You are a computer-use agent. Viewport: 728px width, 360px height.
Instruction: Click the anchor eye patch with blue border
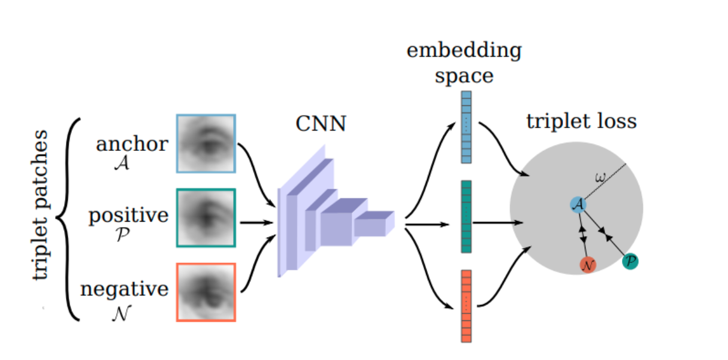click(x=206, y=144)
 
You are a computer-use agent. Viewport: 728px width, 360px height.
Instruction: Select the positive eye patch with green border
click(x=206, y=218)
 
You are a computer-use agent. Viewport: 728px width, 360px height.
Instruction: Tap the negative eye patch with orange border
click(x=206, y=292)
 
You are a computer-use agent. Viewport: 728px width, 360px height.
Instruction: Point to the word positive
click(x=128, y=216)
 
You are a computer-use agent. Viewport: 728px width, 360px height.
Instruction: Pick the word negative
click(x=124, y=289)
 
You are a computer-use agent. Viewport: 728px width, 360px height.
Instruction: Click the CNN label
click(x=321, y=125)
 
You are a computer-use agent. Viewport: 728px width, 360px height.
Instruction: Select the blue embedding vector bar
click(x=466, y=126)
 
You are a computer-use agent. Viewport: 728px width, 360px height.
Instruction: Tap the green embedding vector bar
click(x=466, y=216)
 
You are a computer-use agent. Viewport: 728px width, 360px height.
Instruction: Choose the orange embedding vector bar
click(x=466, y=306)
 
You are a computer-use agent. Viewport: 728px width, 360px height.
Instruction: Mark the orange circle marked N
click(x=588, y=265)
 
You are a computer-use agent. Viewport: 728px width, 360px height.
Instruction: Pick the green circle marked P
click(x=630, y=261)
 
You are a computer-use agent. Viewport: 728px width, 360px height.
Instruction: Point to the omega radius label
click(x=600, y=177)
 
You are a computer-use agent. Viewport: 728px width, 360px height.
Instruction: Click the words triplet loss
click(x=581, y=122)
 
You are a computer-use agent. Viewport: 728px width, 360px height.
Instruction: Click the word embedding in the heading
click(x=464, y=50)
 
